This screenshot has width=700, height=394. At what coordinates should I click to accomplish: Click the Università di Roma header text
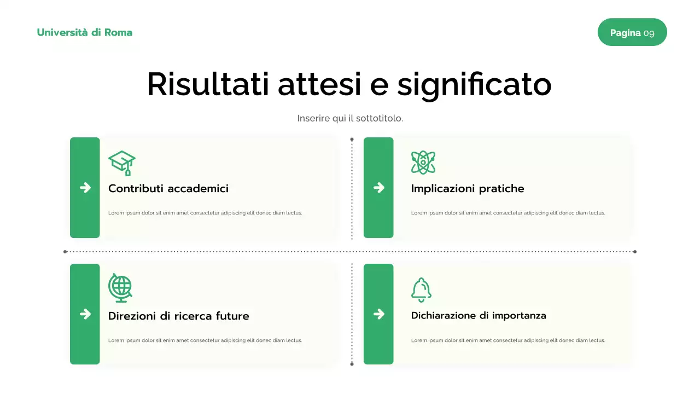tap(85, 32)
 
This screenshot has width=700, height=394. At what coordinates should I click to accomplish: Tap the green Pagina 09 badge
tap(632, 32)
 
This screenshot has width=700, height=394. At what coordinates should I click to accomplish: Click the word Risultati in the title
tap(208, 85)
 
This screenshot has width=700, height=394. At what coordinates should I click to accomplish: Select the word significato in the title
tap(474, 85)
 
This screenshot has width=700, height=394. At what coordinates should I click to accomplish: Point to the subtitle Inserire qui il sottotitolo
tap(350, 118)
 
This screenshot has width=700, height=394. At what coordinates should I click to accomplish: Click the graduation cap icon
tap(122, 163)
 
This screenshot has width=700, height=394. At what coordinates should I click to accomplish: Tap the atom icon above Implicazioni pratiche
tap(423, 163)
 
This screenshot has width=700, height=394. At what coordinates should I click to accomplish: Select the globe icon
tap(120, 288)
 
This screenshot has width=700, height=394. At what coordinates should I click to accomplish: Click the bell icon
tap(421, 290)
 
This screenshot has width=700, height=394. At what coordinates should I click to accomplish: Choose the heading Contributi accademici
tap(168, 189)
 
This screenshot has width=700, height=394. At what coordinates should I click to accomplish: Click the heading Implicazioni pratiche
tap(468, 189)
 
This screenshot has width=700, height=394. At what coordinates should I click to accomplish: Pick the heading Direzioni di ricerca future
tap(179, 316)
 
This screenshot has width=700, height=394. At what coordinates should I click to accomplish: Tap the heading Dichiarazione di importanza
tap(479, 316)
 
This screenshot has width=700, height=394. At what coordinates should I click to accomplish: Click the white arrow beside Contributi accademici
tap(85, 188)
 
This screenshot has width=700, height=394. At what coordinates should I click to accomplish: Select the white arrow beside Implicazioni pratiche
tap(378, 188)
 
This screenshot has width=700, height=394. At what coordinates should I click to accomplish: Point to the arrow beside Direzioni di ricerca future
tap(85, 314)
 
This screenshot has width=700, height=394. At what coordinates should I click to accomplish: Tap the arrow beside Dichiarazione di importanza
tap(378, 314)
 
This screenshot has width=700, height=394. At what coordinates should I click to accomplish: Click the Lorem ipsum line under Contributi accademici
tap(205, 213)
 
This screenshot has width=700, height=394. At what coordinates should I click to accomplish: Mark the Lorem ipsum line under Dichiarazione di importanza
tap(508, 340)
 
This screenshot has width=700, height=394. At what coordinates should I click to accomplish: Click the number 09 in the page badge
tap(649, 33)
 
